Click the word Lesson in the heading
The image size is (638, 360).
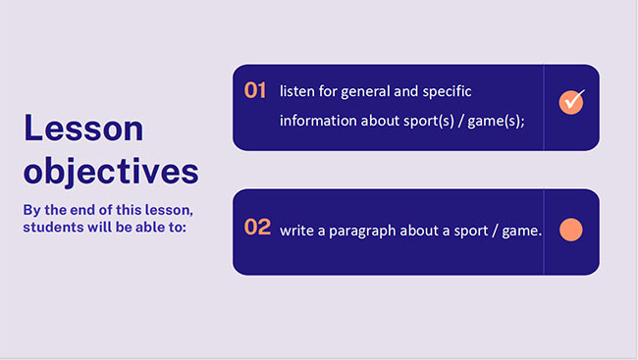[83, 129]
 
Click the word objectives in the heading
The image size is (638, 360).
[111, 171]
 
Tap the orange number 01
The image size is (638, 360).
[256, 90]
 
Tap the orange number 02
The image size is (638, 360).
[257, 228]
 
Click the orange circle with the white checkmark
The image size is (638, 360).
[571, 101]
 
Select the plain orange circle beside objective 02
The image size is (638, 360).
[571, 231]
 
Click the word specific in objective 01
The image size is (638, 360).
[447, 91]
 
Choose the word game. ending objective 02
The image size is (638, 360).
[520, 231]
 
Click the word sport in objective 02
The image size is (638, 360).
[469, 231]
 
